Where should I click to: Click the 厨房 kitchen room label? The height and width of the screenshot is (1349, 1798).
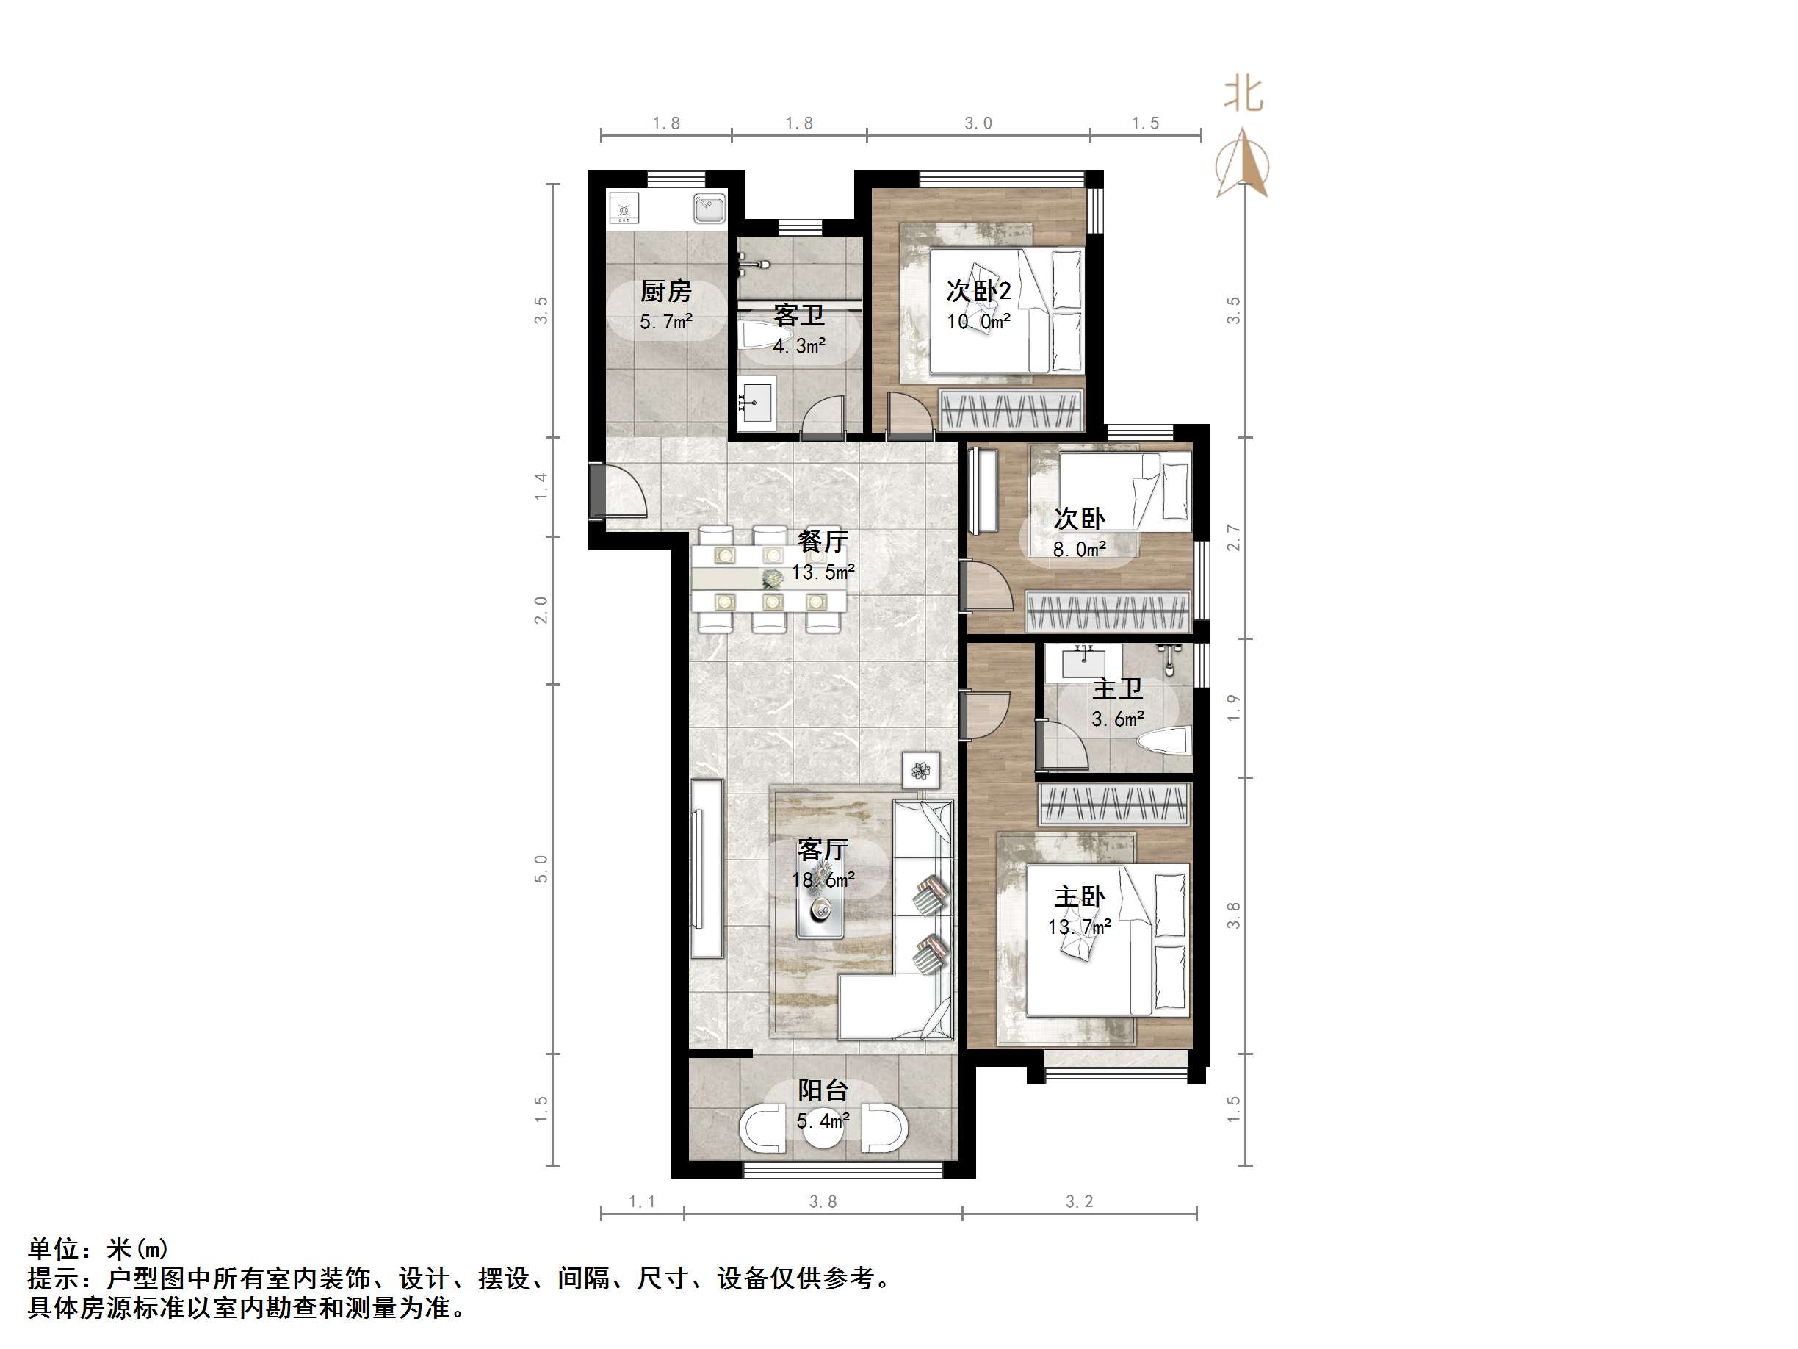665,290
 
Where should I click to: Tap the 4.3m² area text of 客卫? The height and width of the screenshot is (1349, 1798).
798,345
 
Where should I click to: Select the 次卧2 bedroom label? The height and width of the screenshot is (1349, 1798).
978,290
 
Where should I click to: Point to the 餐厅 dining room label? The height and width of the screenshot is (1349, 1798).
823,541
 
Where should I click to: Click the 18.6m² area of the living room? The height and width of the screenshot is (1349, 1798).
823,879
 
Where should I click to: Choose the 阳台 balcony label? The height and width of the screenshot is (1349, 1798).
823,1090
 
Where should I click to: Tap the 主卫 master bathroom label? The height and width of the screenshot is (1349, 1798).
1118,688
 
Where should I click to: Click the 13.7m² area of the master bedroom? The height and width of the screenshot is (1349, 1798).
1079,927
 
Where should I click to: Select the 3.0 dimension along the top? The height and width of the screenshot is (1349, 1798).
978,123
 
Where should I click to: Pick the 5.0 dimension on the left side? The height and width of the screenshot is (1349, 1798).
541,868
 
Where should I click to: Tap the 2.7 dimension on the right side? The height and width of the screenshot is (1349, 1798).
1234,538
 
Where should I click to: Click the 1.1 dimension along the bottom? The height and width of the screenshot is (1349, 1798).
641,1202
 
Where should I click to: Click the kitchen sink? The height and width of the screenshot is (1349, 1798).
709,207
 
